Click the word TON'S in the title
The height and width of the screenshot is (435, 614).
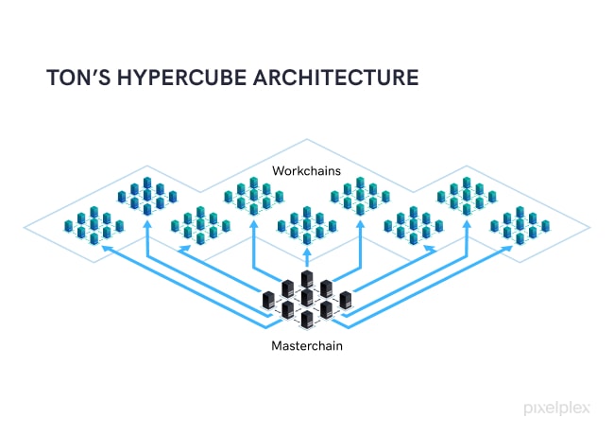click(77, 78)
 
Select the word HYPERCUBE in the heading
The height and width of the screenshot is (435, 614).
click(179, 78)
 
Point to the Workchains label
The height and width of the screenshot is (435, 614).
click(306, 171)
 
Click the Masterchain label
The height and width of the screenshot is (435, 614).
click(307, 346)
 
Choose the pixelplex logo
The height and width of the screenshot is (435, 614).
click(558, 409)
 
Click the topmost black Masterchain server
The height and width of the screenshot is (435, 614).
click(307, 280)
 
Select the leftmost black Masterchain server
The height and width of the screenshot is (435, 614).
click(268, 301)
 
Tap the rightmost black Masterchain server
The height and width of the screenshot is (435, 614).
click(346, 301)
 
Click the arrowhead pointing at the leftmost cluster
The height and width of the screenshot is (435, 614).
click(105, 248)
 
